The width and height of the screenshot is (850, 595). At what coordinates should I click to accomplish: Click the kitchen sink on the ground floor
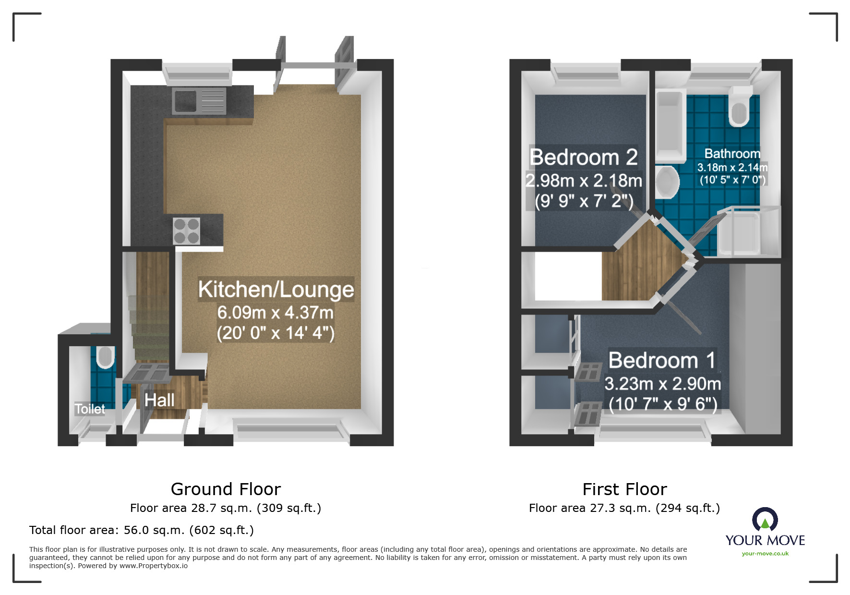(198, 101)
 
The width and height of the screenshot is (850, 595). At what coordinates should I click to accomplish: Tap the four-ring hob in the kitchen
(186, 231)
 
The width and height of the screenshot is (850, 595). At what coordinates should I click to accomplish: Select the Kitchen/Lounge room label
(276, 289)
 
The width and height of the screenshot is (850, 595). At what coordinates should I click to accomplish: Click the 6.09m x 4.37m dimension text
(275, 313)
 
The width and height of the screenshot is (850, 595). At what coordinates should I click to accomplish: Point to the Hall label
(159, 400)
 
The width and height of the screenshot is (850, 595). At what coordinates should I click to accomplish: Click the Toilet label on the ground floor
(90, 409)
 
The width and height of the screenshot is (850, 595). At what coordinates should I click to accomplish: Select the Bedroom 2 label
(584, 157)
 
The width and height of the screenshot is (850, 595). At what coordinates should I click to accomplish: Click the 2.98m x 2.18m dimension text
(584, 181)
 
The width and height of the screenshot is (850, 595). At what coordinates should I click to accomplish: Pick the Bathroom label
(732, 154)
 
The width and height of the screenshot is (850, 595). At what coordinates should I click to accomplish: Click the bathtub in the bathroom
(669, 125)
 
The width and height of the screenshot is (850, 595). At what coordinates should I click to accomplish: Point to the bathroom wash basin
(667, 182)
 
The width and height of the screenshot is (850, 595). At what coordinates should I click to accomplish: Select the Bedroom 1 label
(662, 360)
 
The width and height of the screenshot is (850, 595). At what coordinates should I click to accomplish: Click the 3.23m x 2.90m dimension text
(662, 384)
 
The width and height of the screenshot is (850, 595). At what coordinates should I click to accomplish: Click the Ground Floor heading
(226, 489)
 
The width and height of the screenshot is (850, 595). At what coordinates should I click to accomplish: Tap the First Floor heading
(624, 489)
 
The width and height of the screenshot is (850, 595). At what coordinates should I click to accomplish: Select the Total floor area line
(142, 530)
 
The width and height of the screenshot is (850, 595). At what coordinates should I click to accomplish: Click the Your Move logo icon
(765, 520)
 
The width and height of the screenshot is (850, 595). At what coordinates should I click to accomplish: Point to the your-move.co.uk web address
(765, 554)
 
